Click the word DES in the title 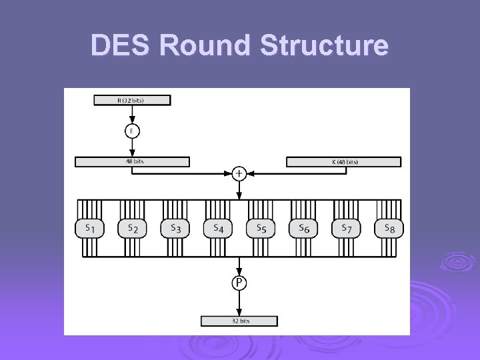tap(121, 45)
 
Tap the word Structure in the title tap(318, 45)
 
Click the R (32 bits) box tap(132, 100)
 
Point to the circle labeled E tap(132, 131)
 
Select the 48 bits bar tap(132, 161)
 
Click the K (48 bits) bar tap(344, 161)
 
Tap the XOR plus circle tap(239, 173)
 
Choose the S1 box tap(89, 229)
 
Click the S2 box tap(132, 229)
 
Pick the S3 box tap(175, 229)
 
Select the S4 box tap(217, 229)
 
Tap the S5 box tap(261, 229)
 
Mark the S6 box tap(303, 229)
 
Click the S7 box tap(346, 229)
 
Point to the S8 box tap(389, 229)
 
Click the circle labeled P tap(239, 283)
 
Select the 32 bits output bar tap(239, 321)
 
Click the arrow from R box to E tap(132, 115)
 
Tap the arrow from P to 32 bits tap(239, 303)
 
